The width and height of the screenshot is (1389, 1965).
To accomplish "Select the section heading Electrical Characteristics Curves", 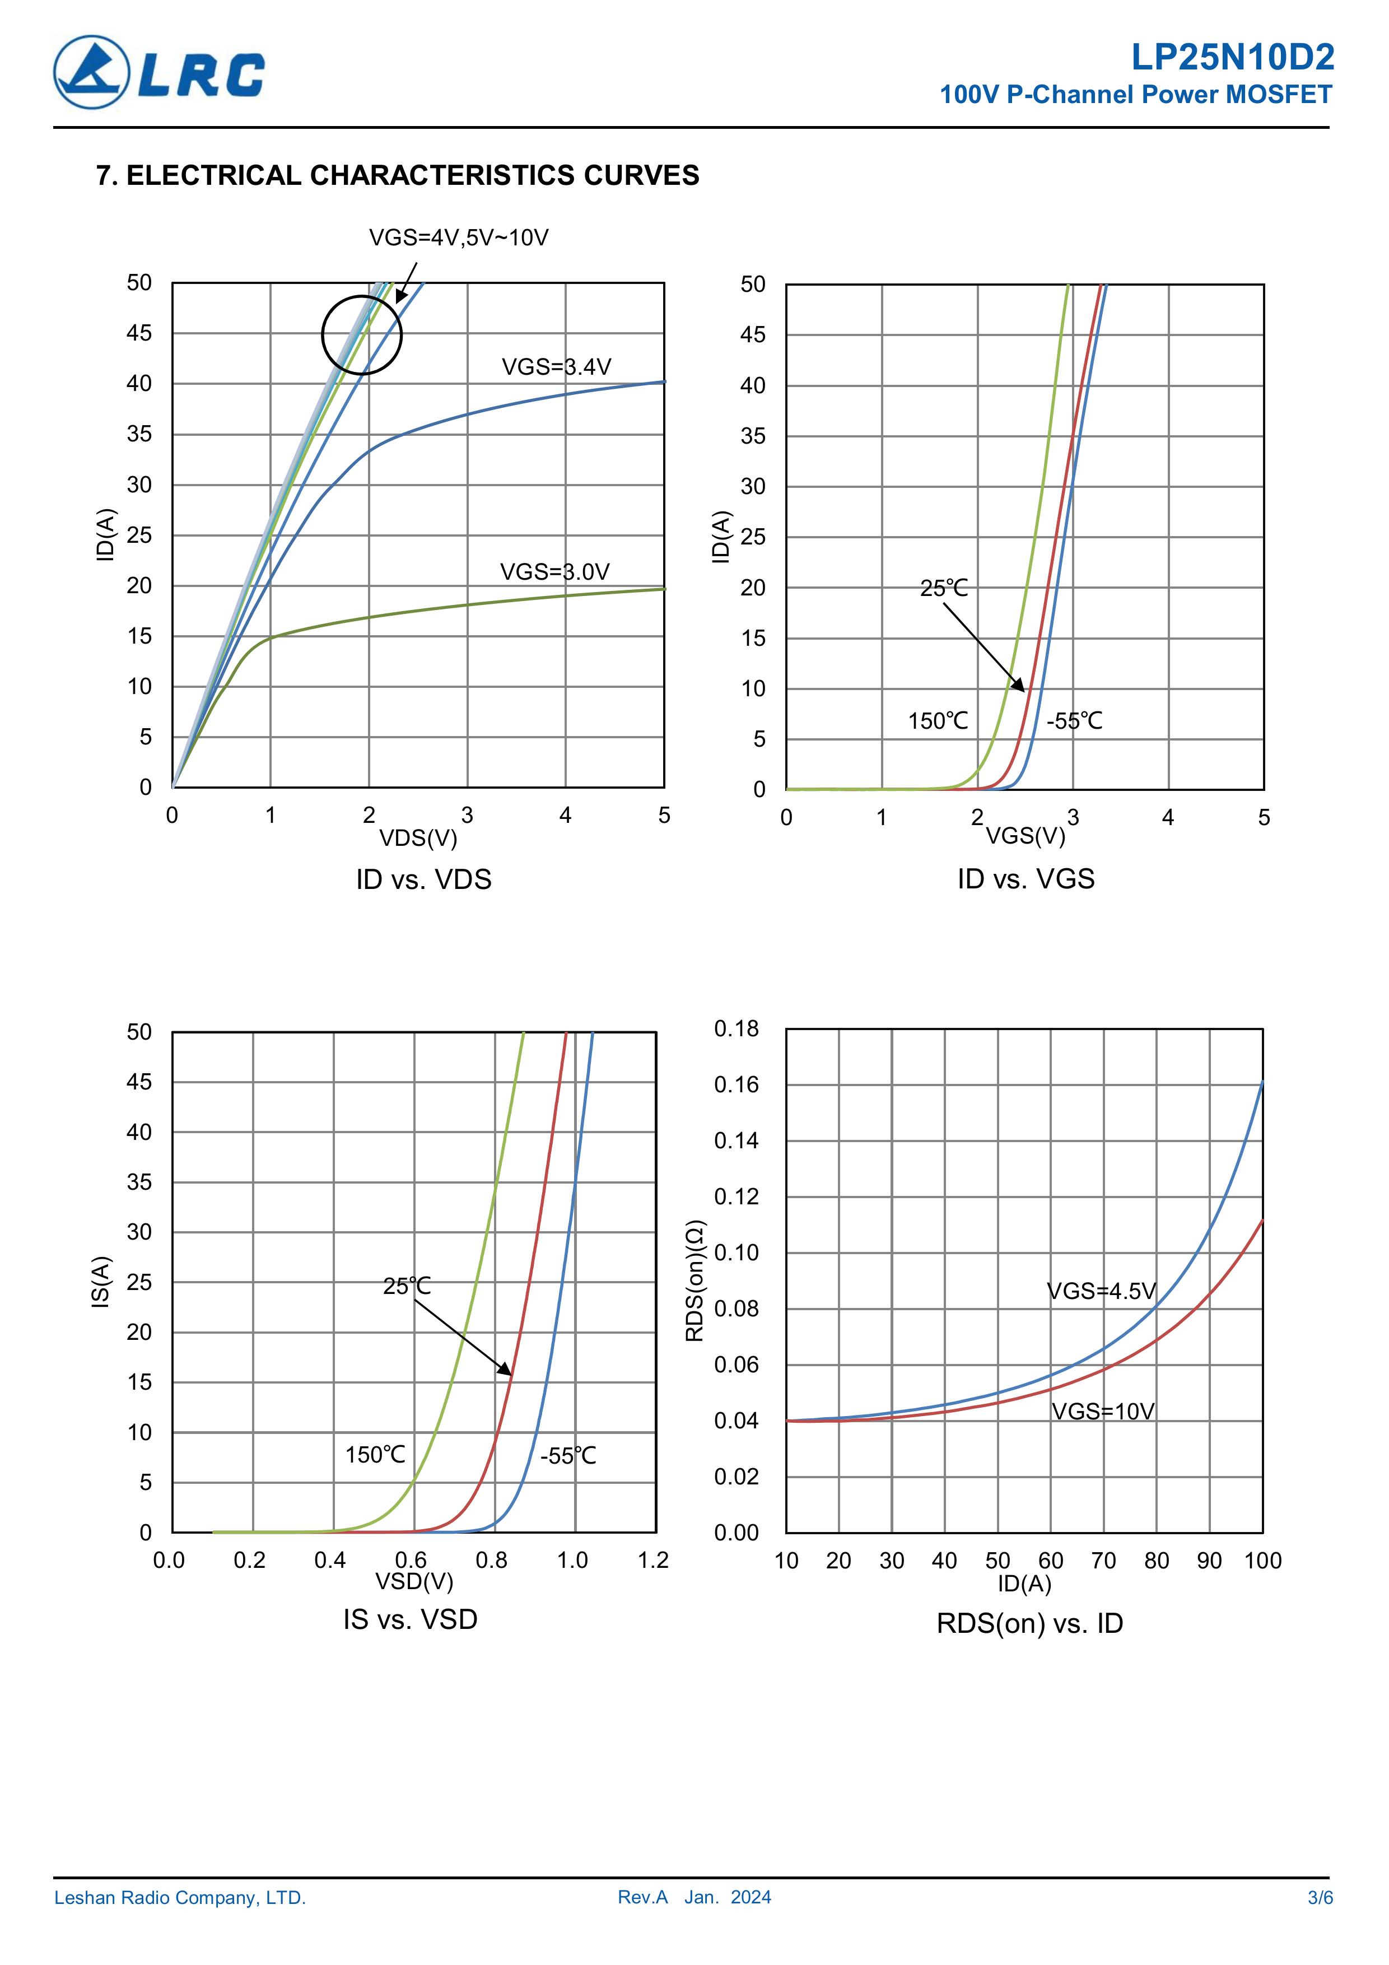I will coord(398,175).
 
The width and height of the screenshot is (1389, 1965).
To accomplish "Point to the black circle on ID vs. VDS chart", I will coord(362,334).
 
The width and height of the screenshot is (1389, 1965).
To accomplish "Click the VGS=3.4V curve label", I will coord(556,367).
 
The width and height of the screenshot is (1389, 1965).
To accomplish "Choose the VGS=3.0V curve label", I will coord(554,572).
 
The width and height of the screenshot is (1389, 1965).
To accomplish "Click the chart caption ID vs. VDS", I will coord(423,880).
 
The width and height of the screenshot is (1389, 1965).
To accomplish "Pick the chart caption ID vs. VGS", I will coord(1026,879).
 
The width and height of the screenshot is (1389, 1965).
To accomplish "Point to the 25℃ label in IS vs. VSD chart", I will coord(407,1286).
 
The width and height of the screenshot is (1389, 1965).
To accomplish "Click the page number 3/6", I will coord(1320,1897).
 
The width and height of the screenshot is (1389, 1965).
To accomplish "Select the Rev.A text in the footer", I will coord(642,1897).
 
